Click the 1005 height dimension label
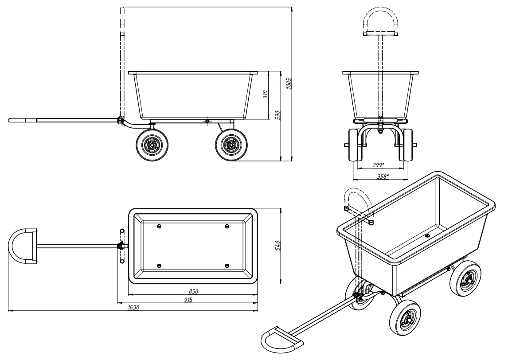pos(289,83)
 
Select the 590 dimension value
pos(277,115)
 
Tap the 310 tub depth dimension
pos(265,95)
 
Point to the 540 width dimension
pos(277,245)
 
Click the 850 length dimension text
pos(193,291)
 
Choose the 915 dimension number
pos(188,300)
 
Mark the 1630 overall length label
pos(133,307)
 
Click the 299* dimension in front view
pos(379,165)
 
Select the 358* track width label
pos(383,176)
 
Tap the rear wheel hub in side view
pos(231,145)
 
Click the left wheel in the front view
pos(355,145)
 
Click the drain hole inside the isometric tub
pos(427,235)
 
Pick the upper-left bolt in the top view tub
pos(159,227)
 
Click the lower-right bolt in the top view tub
pos(227,266)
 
